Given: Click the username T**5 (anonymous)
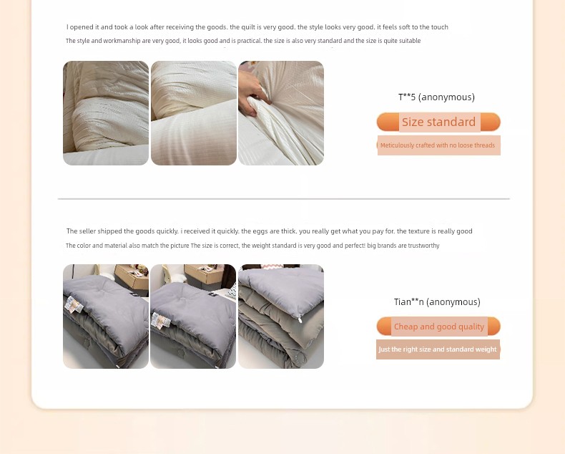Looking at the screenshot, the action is click(x=436, y=97).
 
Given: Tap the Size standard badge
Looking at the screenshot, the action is click(x=438, y=122).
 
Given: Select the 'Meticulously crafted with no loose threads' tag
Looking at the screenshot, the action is click(x=438, y=145).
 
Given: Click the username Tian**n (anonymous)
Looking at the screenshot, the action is click(x=437, y=301).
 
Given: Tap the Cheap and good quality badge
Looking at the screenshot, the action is click(x=438, y=327).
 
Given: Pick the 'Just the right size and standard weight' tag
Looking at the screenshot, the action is click(x=438, y=349).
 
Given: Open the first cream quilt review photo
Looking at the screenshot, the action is click(x=106, y=113).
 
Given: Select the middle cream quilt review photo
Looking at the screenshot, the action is click(x=194, y=113).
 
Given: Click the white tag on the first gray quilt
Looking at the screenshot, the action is click(x=74, y=304).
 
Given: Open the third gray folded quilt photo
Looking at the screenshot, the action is click(x=281, y=316).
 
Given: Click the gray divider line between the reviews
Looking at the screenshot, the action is click(x=284, y=198).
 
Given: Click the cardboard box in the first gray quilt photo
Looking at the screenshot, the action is click(x=132, y=276).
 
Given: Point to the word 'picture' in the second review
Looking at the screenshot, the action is click(x=180, y=246).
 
